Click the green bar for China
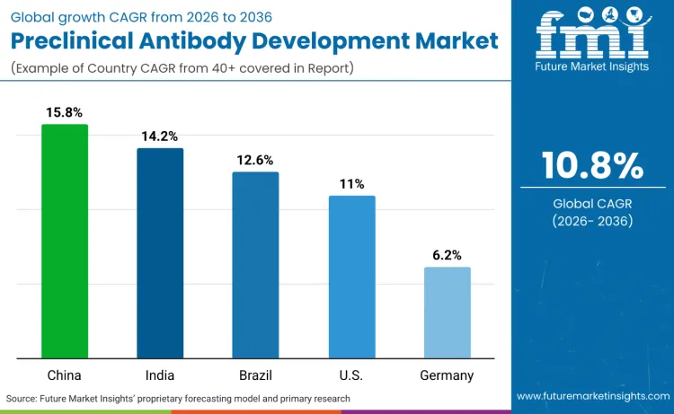coord(65,241)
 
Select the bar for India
coord(160,252)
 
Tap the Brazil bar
coord(255,265)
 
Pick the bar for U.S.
coord(351,277)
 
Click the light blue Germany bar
coord(447,313)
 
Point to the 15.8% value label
coord(65,112)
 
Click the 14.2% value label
coord(160,137)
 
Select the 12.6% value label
coord(255,160)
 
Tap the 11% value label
coord(351,184)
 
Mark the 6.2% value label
coord(447,255)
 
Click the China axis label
coord(65,375)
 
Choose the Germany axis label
coord(447,375)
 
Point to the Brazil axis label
coord(255,375)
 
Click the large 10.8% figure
coord(592,166)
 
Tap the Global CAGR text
coord(592,203)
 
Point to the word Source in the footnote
coord(22,398)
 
